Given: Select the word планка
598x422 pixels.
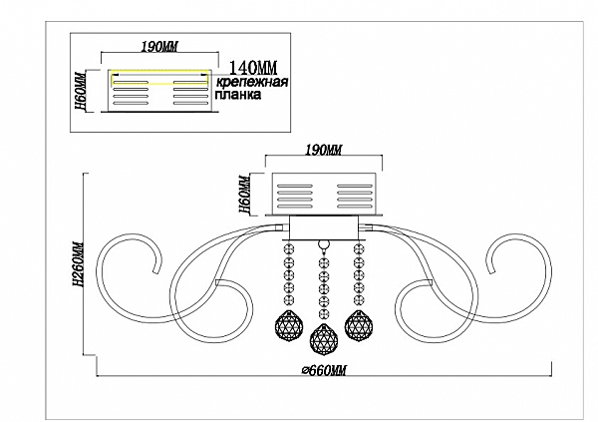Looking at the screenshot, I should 238,98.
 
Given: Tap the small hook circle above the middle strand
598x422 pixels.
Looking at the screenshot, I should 321,244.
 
